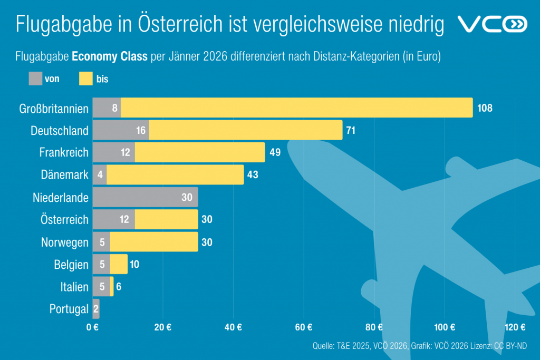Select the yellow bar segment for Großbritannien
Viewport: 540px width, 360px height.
(x=296, y=108)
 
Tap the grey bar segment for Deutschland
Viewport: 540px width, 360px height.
(x=121, y=130)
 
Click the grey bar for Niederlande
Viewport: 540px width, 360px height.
(x=145, y=197)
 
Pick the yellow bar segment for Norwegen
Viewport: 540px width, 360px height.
(x=154, y=242)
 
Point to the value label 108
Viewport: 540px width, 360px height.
(x=485, y=108)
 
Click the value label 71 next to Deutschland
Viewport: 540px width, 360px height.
(x=351, y=130)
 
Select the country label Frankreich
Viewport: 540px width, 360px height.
(x=64, y=153)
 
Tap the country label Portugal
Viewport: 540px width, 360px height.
(x=69, y=309)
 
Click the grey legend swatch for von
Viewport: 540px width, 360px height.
(x=35, y=79)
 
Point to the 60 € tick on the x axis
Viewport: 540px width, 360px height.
(x=304, y=327)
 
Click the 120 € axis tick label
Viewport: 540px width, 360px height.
(x=515, y=327)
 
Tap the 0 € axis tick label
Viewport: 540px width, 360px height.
(x=93, y=327)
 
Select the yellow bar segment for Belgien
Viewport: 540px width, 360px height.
(x=119, y=264)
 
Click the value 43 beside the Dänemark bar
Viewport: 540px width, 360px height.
(x=253, y=175)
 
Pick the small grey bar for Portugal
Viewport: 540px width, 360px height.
(x=96, y=309)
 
